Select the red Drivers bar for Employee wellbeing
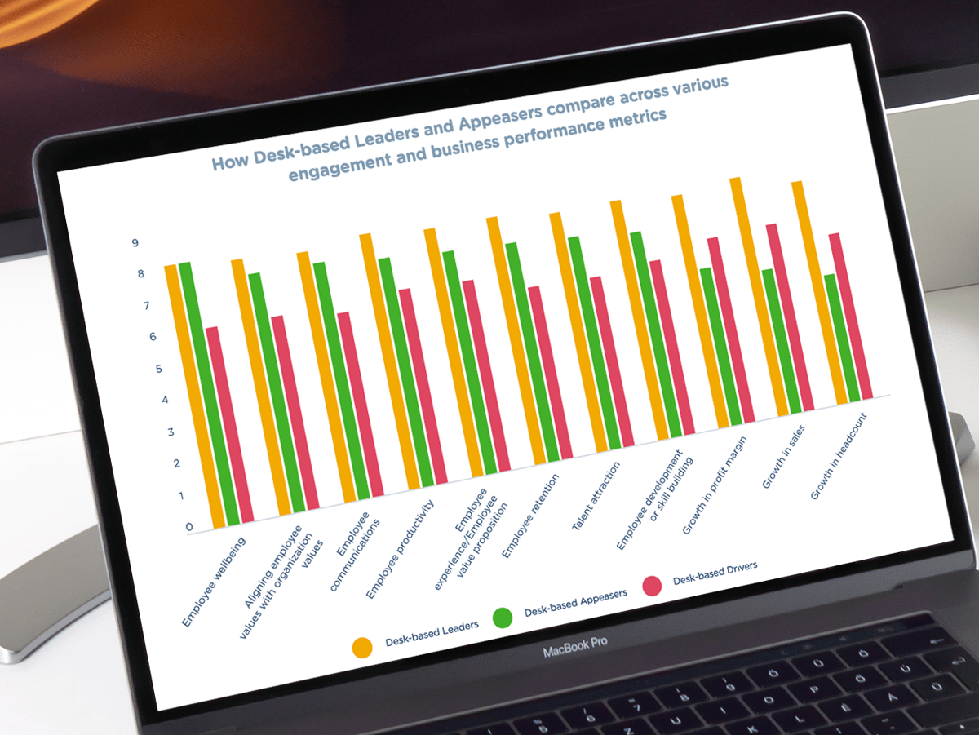coord(231,424)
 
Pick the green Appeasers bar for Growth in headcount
coord(840,338)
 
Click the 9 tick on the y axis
coord(135,243)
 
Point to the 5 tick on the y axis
coord(158,369)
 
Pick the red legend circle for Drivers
coord(651,586)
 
